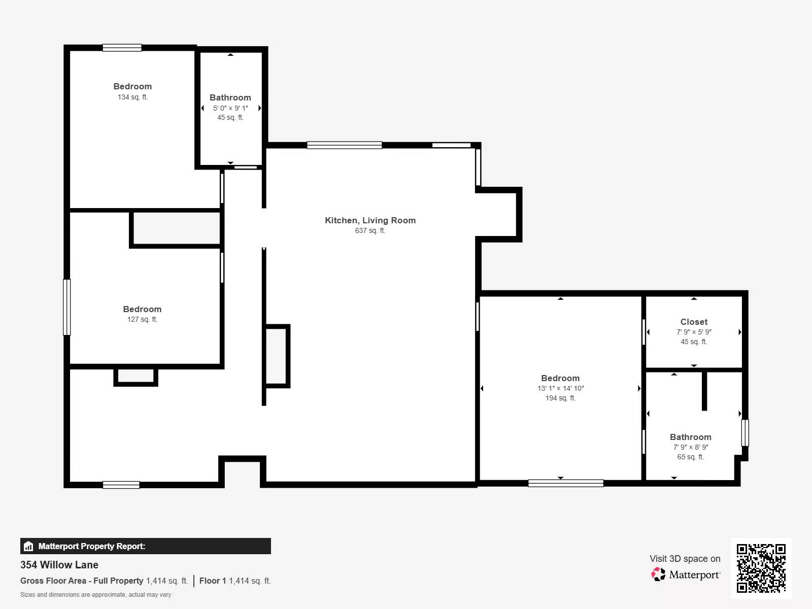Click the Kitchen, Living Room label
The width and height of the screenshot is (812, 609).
coord(370,220)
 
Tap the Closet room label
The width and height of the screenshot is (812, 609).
coord(694,322)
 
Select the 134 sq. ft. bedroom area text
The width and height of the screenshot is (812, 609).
coord(133,97)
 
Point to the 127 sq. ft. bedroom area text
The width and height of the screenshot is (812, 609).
coord(143,319)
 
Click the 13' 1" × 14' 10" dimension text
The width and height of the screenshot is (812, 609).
coord(560,388)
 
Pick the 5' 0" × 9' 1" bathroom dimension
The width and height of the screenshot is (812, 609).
coord(230,108)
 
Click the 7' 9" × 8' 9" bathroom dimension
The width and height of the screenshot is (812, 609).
coord(691,447)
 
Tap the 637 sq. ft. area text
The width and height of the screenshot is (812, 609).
coord(370,230)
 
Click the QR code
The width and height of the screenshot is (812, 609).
coord(761,568)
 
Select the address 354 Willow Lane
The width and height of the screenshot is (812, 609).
coord(59,565)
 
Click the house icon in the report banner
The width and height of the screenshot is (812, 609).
coord(28,546)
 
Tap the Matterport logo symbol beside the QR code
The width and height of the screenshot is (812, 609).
coord(658,574)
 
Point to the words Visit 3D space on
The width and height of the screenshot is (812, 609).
coord(685,559)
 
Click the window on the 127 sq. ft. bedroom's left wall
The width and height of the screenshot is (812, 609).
coord(67,307)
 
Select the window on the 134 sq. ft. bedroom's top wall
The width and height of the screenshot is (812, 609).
coord(122,48)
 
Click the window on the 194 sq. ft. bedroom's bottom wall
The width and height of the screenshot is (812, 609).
coord(566,483)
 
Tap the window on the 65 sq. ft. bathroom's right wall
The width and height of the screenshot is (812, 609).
coord(745,432)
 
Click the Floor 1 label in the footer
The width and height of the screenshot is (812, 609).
coord(213,581)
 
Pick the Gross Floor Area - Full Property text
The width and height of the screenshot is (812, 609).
coord(82,581)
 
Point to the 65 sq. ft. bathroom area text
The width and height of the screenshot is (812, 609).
coord(691,457)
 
